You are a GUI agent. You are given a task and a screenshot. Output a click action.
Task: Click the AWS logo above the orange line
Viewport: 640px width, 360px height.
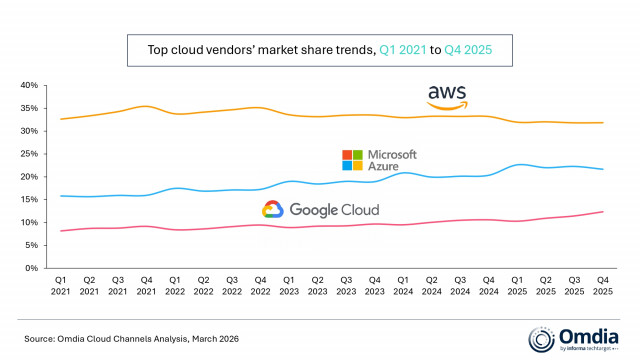(x=447, y=97)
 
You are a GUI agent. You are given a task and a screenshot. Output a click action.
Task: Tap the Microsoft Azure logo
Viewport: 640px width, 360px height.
(x=379, y=160)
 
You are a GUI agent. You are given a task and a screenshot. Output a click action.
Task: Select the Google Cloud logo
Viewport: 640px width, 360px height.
(x=320, y=209)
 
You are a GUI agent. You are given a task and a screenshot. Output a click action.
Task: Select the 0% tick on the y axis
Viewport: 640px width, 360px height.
(x=30, y=268)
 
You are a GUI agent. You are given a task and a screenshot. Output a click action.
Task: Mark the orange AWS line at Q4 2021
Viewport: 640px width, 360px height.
(x=147, y=106)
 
